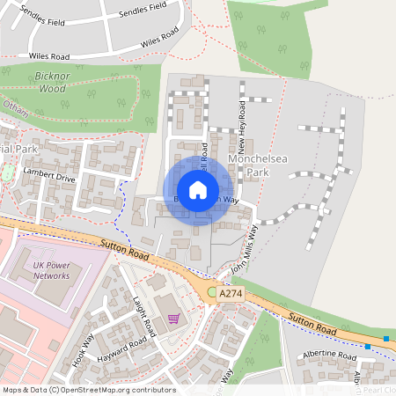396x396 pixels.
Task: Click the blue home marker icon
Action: pos(198,190)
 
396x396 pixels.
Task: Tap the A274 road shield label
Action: pos(231,293)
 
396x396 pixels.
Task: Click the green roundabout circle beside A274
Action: pos(212,291)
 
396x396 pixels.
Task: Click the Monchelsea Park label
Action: pos(247,166)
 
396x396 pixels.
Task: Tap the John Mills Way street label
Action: pos(246,247)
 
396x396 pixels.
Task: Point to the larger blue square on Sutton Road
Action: pos(385,339)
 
